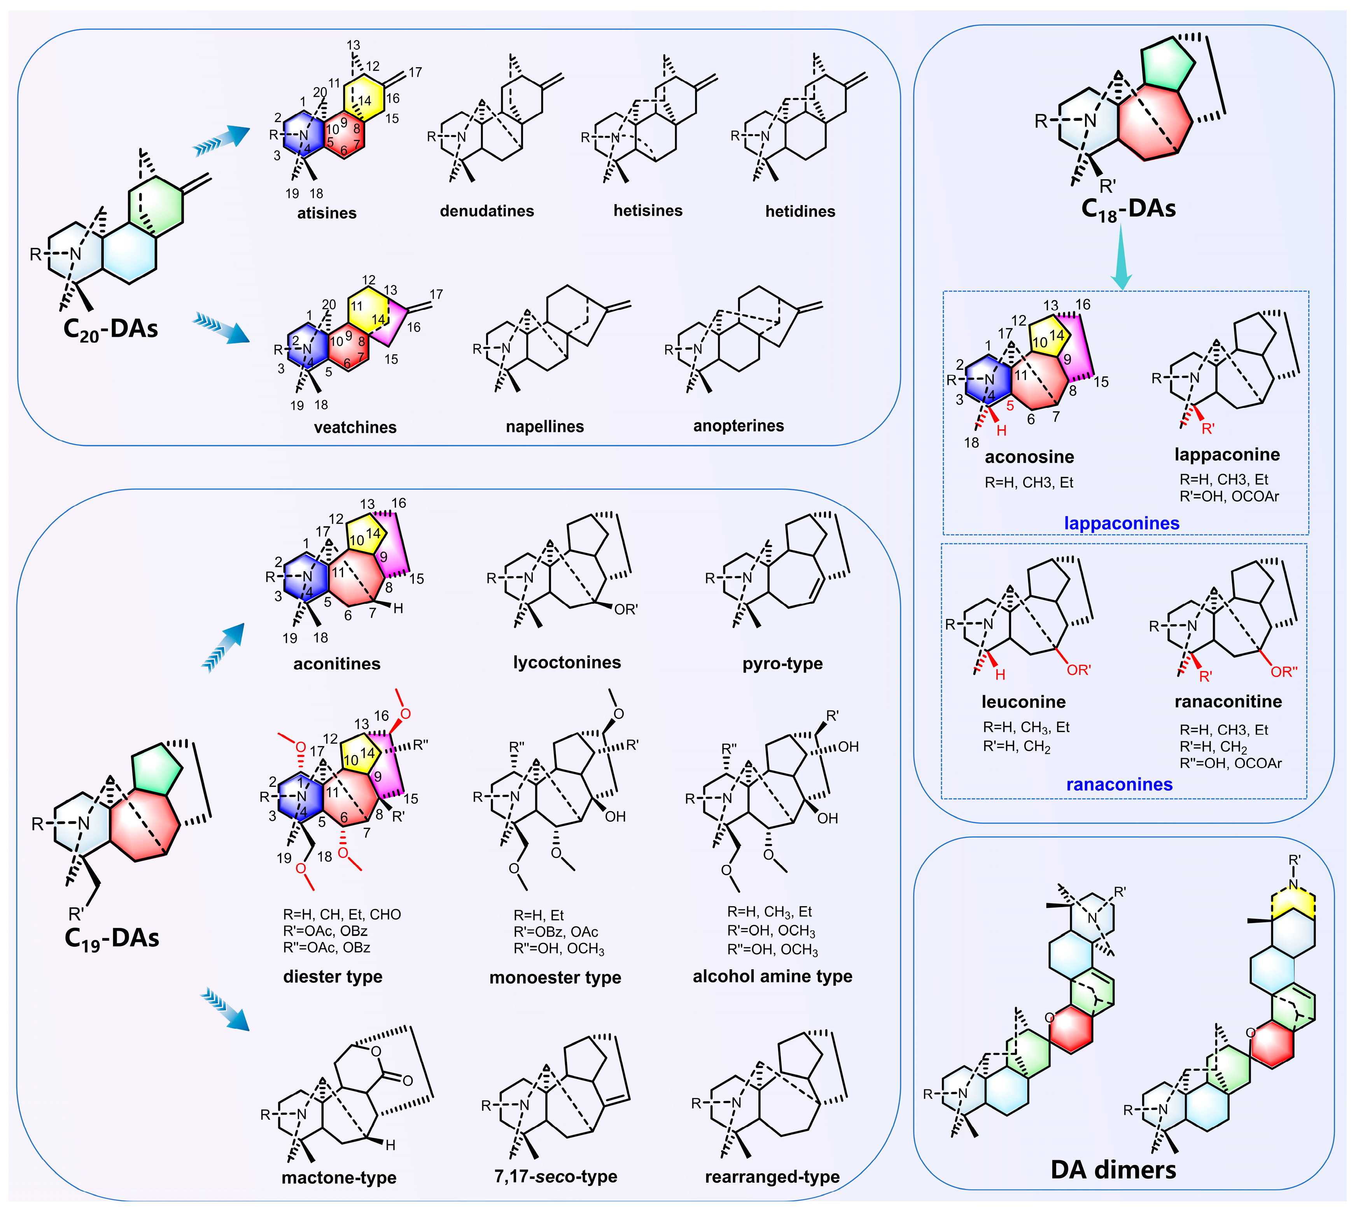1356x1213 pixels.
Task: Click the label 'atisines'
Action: [327, 213]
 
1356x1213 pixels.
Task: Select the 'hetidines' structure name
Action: [800, 211]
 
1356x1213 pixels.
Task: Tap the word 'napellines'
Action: [545, 426]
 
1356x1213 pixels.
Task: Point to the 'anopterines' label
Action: [739, 426]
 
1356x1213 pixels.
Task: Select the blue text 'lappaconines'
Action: [1122, 523]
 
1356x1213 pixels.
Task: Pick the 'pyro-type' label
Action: [783, 664]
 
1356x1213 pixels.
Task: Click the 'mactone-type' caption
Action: [339, 1178]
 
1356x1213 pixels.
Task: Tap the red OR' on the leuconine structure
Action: [1079, 670]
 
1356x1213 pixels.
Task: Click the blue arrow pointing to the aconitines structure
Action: [223, 647]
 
